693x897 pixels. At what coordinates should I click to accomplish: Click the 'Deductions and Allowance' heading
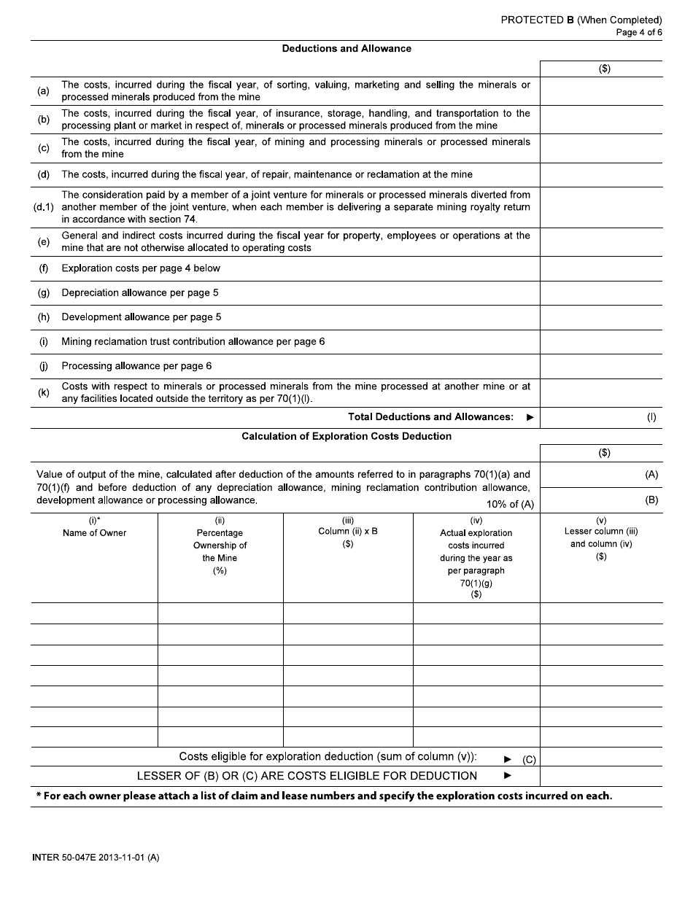[x=346, y=49]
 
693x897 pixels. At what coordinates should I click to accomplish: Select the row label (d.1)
[x=44, y=207]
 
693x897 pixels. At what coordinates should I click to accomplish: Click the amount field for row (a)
[x=600, y=91]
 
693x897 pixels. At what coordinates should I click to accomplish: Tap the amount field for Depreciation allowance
[x=600, y=293]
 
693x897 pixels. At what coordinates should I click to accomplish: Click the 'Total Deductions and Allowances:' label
[x=430, y=417]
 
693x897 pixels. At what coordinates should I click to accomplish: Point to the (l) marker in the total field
[x=651, y=418]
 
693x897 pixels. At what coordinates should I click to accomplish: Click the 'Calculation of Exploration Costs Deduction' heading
[x=346, y=437]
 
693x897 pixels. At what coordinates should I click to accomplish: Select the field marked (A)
[x=600, y=475]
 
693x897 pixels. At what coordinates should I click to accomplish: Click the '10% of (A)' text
[x=510, y=505]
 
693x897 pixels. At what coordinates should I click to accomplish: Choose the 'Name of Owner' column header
[x=94, y=533]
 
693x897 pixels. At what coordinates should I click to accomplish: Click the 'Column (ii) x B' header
[x=348, y=532]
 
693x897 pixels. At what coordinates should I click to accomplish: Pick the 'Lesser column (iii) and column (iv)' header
[x=601, y=538]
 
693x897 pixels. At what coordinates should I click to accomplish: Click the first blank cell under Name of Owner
[x=94, y=613]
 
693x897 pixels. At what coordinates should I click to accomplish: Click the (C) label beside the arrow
[x=529, y=760]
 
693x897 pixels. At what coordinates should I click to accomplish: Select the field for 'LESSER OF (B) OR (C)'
[x=600, y=776]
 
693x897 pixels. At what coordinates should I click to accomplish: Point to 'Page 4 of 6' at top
[x=638, y=32]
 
